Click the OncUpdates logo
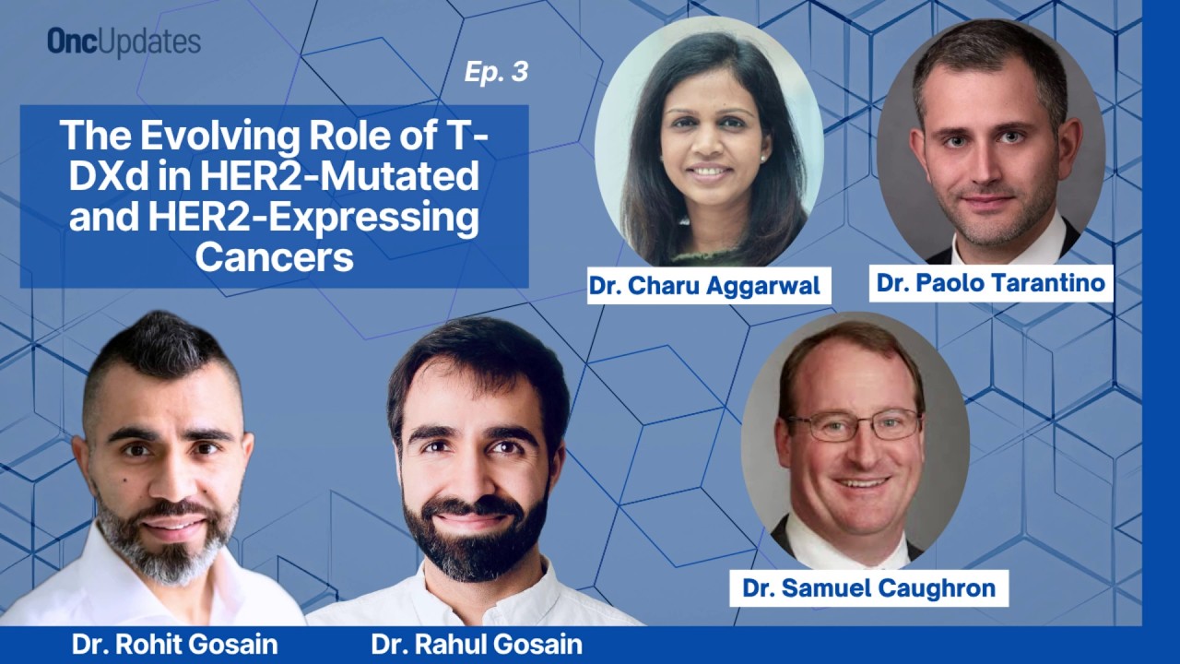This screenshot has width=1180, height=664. pos(124,42)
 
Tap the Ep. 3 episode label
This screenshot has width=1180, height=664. pos(496,72)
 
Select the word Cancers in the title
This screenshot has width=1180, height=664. pos(274,256)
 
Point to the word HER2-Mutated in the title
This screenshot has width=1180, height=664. pos(339,176)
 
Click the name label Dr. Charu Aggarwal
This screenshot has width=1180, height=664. pos(705,286)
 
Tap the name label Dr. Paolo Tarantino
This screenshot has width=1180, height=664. pos(991,283)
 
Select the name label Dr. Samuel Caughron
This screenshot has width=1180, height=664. pos(869,588)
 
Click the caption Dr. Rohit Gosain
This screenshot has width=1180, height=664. pos(174,645)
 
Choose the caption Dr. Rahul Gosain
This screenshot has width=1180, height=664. pos(477,645)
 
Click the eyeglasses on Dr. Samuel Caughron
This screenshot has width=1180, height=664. pos(853,425)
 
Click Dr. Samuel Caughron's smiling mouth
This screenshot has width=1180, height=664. pos(862,482)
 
